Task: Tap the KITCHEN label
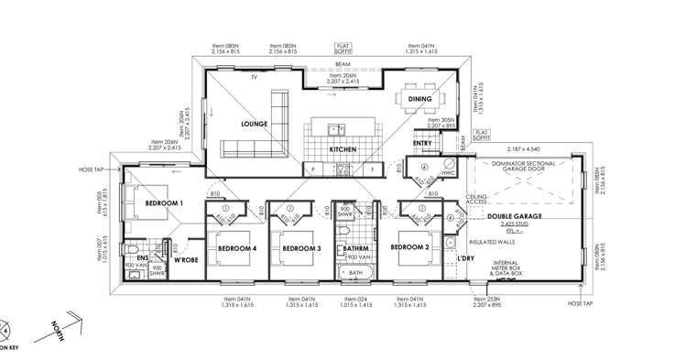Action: click(343, 149)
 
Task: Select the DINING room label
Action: click(420, 99)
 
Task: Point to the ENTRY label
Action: click(422, 144)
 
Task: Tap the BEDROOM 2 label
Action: click(409, 248)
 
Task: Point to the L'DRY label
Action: click(463, 260)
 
